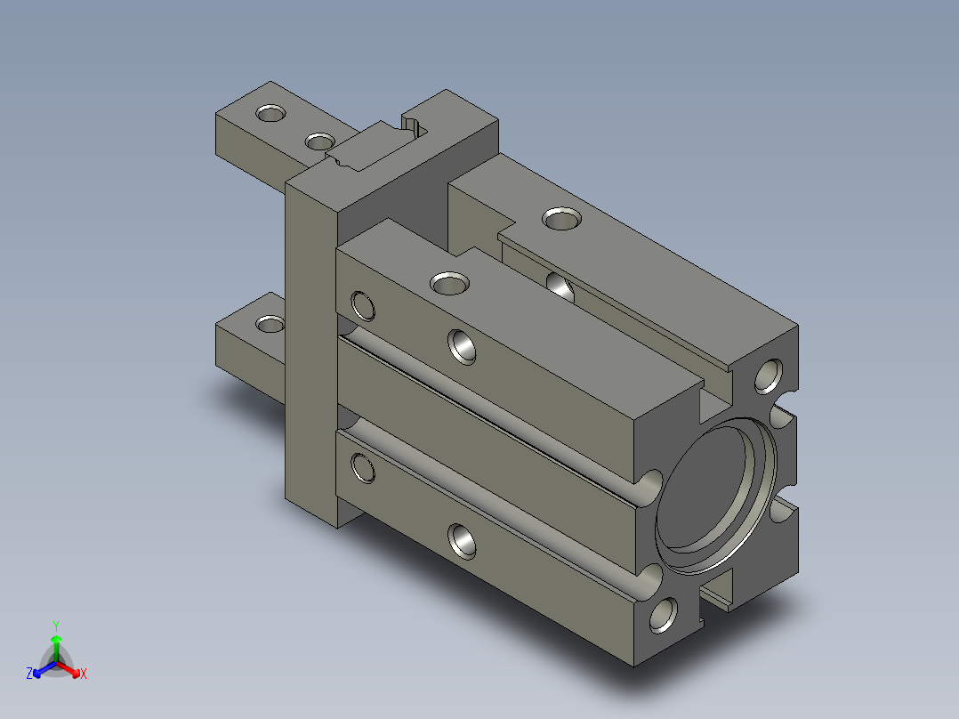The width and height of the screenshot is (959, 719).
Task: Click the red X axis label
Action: tap(84, 674)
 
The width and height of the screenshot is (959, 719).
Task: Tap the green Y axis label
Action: tap(56, 626)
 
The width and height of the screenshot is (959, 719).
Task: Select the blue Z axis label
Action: tap(29, 673)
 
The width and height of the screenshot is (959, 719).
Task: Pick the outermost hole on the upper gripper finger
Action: tap(271, 113)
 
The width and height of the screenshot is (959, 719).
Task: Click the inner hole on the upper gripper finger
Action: tap(320, 142)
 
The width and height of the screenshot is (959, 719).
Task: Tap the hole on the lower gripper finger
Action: tap(270, 324)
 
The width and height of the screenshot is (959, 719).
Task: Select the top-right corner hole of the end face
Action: tap(769, 376)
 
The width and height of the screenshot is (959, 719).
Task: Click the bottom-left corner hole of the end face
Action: tap(664, 615)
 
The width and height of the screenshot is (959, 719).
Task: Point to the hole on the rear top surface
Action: tap(561, 218)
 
